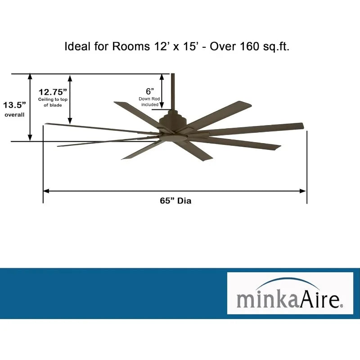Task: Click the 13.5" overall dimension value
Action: coord(15,105)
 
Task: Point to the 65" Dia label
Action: coord(175,201)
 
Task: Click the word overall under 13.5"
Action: coord(14,115)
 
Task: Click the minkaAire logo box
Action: coord(290,293)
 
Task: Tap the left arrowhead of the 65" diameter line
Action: coord(45,191)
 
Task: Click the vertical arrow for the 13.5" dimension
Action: coord(30,107)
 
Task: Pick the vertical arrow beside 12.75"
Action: coord(70,99)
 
